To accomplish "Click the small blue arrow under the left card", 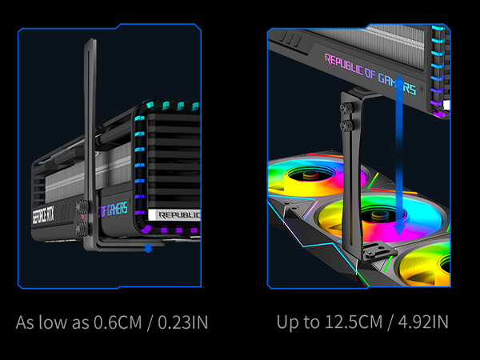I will click(148, 249).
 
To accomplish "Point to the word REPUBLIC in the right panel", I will click(352, 66).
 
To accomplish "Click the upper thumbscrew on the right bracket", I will click(349, 106).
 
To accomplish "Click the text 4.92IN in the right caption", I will click(420, 322).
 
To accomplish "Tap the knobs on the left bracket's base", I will click(82, 213).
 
